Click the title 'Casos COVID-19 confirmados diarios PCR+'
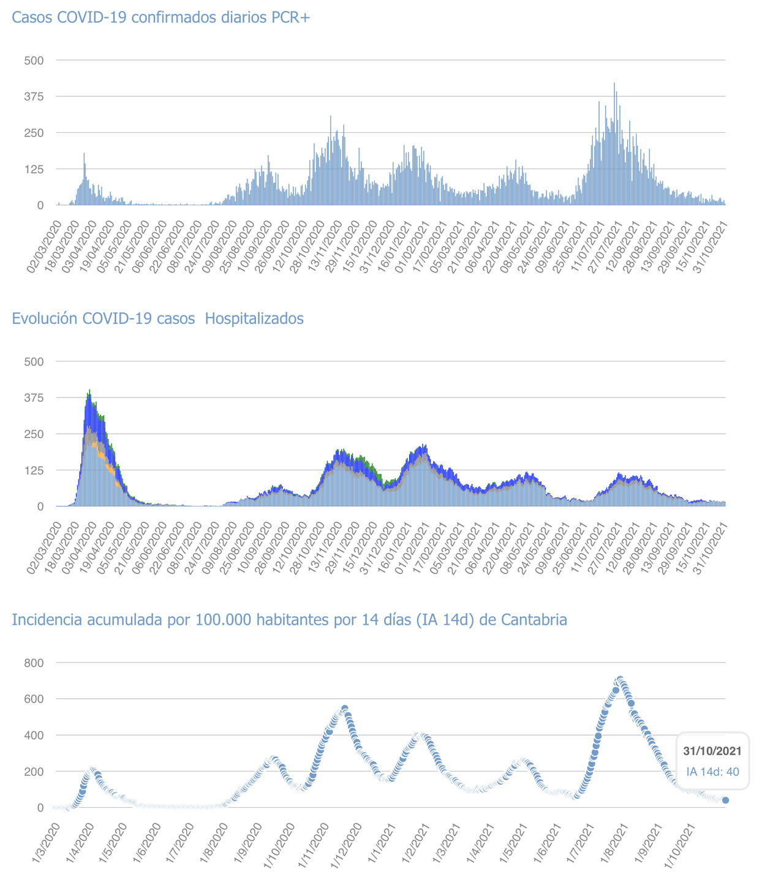[x=161, y=18]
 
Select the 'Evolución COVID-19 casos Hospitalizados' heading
[x=157, y=319]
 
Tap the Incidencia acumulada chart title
[x=289, y=620]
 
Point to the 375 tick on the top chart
[x=33, y=96]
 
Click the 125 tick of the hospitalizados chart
[x=33, y=470]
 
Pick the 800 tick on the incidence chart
[x=33, y=663]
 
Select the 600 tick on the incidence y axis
[x=33, y=699]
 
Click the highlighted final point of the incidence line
[x=726, y=800]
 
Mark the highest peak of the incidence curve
[x=619, y=680]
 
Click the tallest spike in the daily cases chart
[x=614, y=84]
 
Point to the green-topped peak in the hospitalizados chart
[x=89, y=391]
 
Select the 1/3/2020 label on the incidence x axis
[x=48, y=842]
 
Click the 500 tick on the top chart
[x=33, y=60]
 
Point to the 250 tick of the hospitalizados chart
[x=33, y=434]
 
